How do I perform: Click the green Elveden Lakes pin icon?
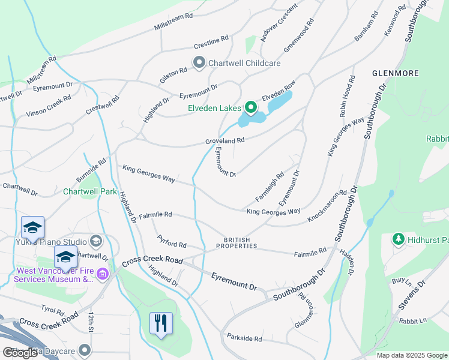[251, 108]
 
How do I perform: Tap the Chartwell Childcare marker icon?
[199, 62]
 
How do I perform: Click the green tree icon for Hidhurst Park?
[397, 240]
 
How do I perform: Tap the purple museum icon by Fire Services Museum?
[102, 275]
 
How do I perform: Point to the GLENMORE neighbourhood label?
[395, 73]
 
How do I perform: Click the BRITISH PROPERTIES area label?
[237, 242]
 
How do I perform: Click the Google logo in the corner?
[20, 353]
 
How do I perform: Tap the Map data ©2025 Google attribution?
[412, 355]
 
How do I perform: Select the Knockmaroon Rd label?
[327, 206]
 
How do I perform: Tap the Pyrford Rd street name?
[172, 245]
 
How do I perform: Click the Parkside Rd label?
[244, 338]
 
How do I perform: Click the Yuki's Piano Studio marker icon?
[96, 242]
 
